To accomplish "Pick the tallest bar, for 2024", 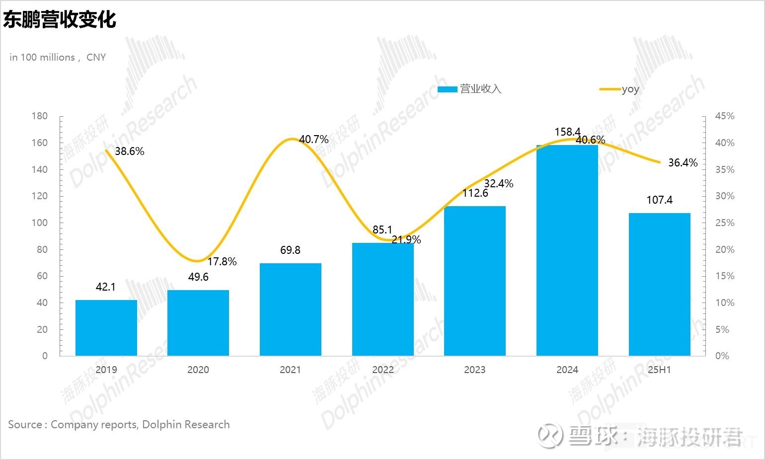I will [x=567, y=250].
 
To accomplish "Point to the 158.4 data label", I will [x=567, y=132].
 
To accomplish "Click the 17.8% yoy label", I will [x=222, y=261].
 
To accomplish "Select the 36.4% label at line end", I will [x=683, y=162].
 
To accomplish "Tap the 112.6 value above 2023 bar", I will [x=475, y=193].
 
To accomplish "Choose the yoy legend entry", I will [x=630, y=89].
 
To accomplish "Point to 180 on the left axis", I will [x=40, y=116].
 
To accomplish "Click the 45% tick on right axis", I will [x=724, y=116].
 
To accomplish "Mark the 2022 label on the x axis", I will [x=382, y=370].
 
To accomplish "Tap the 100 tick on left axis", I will [x=40, y=223].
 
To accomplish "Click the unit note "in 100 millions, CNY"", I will [x=58, y=57].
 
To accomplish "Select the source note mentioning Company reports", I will [x=119, y=424].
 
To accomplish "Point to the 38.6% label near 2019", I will [x=129, y=151].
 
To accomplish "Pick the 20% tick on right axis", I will [x=724, y=249].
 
